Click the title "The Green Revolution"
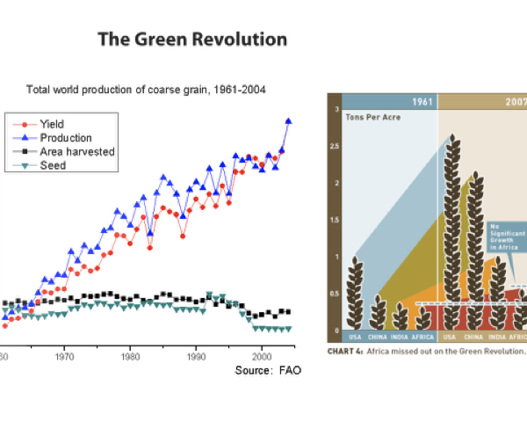pyautogui.click(x=191, y=40)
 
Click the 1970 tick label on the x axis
pyautogui.click(x=64, y=358)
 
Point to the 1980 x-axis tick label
pyautogui.click(x=130, y=358)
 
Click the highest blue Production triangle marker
pyautogui.click(x=288, y=121)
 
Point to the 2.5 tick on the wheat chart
pyautogui.click(x=336, y=146)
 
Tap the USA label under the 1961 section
pyautogui.click(x=355, y=337)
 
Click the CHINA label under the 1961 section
pyautogui.click(x=378, y=337)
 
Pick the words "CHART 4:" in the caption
pyautogui.click(x=345, y=350)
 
